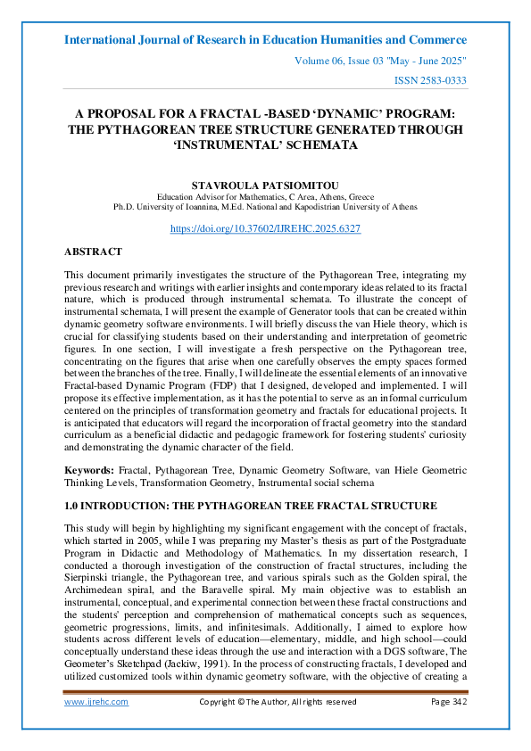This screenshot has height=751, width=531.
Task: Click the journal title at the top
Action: point(265,40)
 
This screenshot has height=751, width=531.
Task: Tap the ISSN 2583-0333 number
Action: point(430,81)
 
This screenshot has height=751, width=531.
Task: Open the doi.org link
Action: point(265,228)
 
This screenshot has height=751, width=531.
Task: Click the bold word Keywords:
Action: point(89,469)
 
